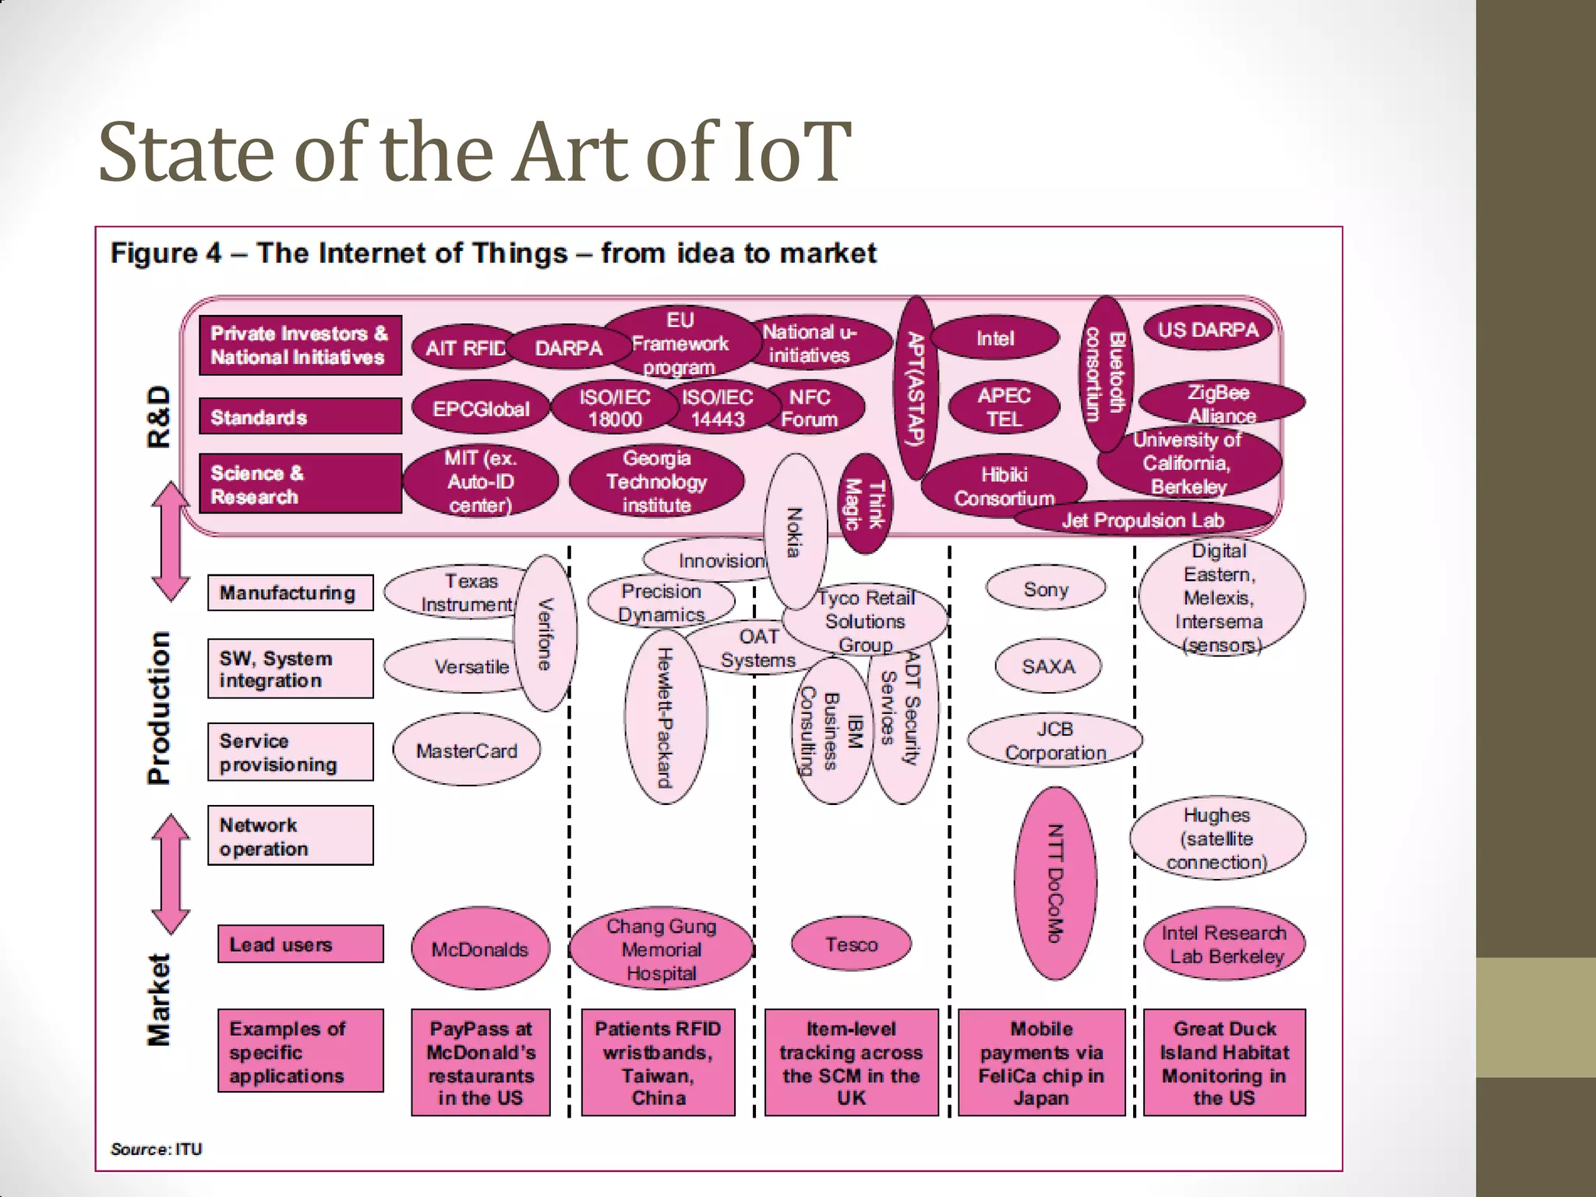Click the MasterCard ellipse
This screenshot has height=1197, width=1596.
pyautogui.click(x=466, y=751)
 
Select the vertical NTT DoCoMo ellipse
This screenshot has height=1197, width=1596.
pyautogui.click(x=1055, y=883)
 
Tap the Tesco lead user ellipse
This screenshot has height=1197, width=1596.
pyautogui.click(x=851, y=945)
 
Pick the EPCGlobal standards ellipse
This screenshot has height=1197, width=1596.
pyautogui.click(x=481, y=409)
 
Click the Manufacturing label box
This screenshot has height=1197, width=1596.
pyautogui.click(x=290, y=593)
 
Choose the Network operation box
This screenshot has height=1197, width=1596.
pyautogui.click(x=290, y=836)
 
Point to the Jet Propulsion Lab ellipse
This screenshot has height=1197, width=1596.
pyautogui.click(x=1142, y=520)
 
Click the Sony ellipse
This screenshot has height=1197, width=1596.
pyautogui.click(x=1045, y=589)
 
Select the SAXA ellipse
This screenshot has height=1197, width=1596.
pyautogui.click(x=1048, y=666)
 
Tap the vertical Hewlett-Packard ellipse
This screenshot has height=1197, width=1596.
pyautogui.click(x=665, y=717)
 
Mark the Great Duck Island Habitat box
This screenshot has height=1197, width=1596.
pyautogui.click(x=1223, y=1063)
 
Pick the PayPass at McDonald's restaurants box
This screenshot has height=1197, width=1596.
pyautogui.click(x=481, y=1063)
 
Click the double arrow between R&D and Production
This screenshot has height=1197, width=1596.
pyautogui.click(x=171, y=542)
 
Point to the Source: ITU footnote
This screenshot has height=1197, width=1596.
pyautogui.click(x=156, y=1149)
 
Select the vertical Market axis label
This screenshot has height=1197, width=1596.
pyautogui.click(x=158, y=1000)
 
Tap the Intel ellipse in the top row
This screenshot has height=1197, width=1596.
pyautogui.click(x=995, y=339)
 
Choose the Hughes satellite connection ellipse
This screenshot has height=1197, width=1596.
pyautogui.click(x=1216, y=839)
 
